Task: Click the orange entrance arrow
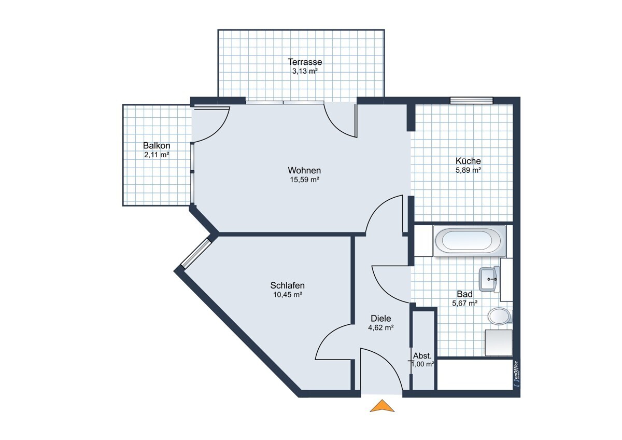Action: pyautogui.click(x=382, y=406)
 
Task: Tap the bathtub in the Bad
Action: pyautogui.click(x=469, y=241)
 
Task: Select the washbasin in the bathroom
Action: pyautogui.click(x=489, y=279)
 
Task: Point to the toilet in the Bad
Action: pyautogui.click(x=500, y=316)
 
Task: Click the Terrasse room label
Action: pyautogui.click(x=305, y=61)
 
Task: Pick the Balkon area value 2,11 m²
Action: pyautogui.click(x=157, y=155)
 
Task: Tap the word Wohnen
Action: pyautogui.click(x=304, y=170)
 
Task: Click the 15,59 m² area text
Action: pyautogui.click(x=304, y=180)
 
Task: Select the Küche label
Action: pyautogui.click(x=468, y=161)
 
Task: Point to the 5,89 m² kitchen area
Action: pyautogui.click(x=468, y=170)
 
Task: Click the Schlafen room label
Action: pyautogui.click(x=287, y=285)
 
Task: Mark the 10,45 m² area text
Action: pyautogui.click(x=287, y=295)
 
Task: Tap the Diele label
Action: pyautogui.click(x=380, y=318)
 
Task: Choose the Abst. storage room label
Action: pyautogui.click(x=422, y=355)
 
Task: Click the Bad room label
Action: pyautogui.click(x=464, y=294)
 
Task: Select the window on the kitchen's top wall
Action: pyautogui.click(x=471, y=100)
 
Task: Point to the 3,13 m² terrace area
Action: pyautogui.click(x=305, y=71)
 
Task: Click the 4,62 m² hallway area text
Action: pyautogui.click(x=380, y=328)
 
